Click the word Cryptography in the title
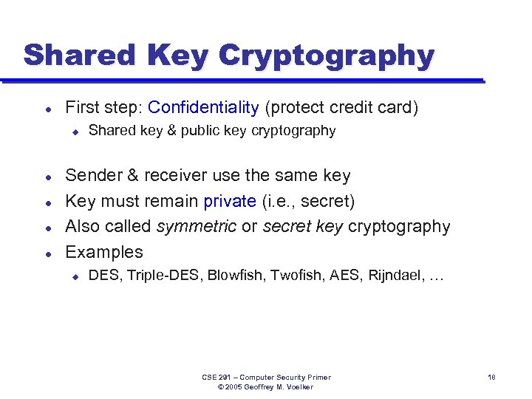(327, 55)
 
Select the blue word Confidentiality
(203, 108)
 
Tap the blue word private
(231, 201)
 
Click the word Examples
(104, 252)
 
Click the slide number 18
(491, 378)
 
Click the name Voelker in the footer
(298, 387)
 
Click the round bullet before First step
(47, 109)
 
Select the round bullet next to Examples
(47, 253)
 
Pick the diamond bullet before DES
(75, 277)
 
